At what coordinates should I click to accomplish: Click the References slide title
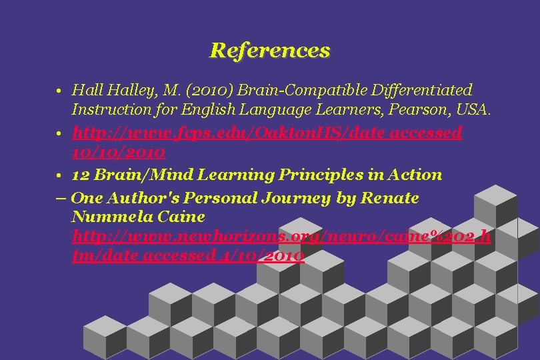coord(269,50)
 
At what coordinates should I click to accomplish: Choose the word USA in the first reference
coord(475,108)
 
